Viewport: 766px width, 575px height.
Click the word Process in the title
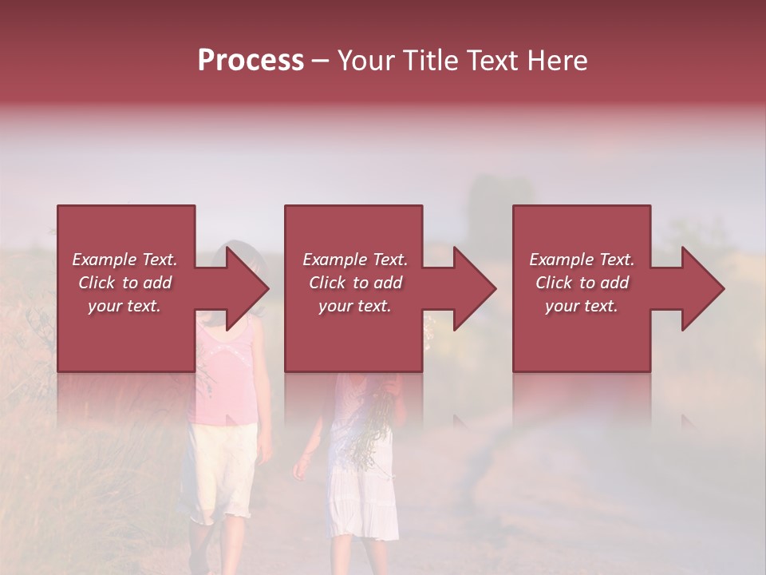pyautogui.click(x=251, y=61)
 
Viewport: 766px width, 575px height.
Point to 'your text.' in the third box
pyautogui.click(x=581, y=306)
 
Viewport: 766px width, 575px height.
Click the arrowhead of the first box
pyautogui.click(x=243, y=288)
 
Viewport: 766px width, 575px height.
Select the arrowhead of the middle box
pyautogui.click(x=471, y=288)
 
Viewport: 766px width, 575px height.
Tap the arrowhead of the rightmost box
pyautogui.click(x=699, y=288)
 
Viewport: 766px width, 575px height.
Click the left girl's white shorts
pyautogui.click(x=219, y=471)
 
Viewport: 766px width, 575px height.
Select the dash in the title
pyautogui.click(x=320, y=61)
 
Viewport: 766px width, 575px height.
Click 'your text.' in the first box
pyautogui.click(x=124, y=306)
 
